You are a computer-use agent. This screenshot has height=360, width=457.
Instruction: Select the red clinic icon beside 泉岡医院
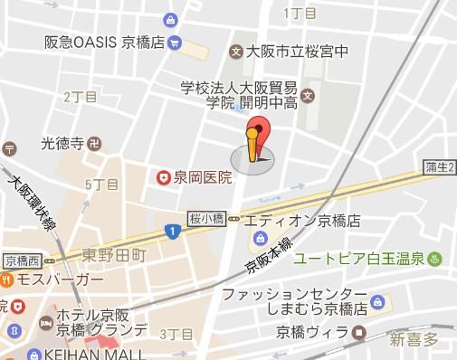[164, 176]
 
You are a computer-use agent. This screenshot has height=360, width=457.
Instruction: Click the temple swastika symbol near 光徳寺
[96, 143]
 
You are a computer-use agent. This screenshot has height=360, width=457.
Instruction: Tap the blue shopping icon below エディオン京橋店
[260, 239]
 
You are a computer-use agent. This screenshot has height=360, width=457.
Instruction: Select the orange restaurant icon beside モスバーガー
[6, 280]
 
